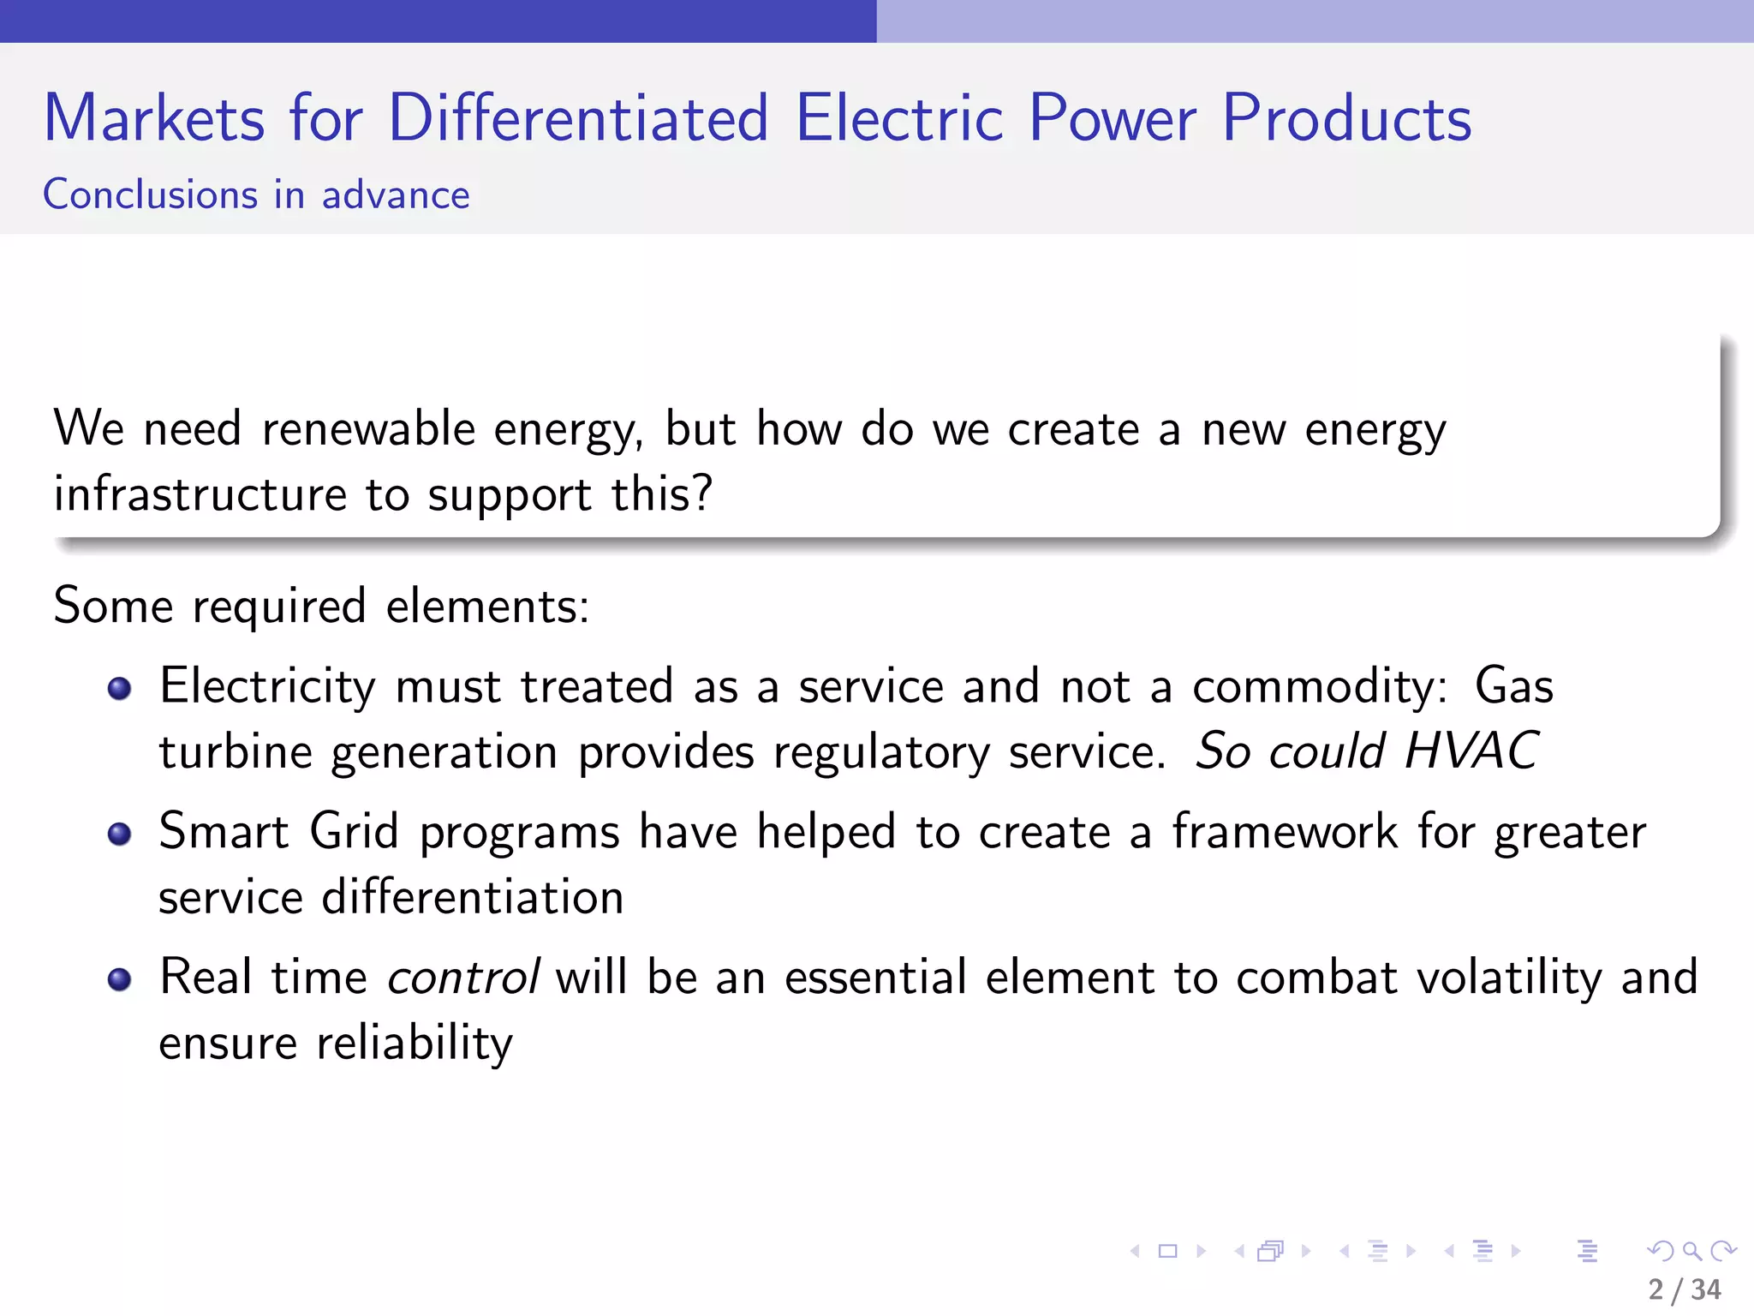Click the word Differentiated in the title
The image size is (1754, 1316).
click(578, 117)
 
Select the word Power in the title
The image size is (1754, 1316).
click(1112, 117)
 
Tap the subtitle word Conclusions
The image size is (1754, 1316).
click(150, 194)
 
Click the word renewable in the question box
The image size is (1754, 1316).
click(368, 428)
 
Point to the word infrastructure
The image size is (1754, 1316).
click(200, 494)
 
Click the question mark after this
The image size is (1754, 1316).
click(702, 493)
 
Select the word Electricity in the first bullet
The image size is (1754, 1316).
click(267, 686)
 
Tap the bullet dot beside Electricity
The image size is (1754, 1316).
click(120, 688)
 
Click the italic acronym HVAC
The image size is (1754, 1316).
click(1471, 751)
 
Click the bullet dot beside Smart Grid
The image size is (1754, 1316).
click(120, 834)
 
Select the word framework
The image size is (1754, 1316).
click(1285, 831)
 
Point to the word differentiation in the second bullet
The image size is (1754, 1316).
click(472, 897)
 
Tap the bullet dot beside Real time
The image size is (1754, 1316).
click(120, 979)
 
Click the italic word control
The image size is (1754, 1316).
click(463, 977)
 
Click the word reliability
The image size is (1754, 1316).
click(415, 1044)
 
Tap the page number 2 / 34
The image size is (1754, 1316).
click(1684, 1289)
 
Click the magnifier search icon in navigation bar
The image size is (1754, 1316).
click(1691, 1251)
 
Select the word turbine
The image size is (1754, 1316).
click(236, 752)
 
